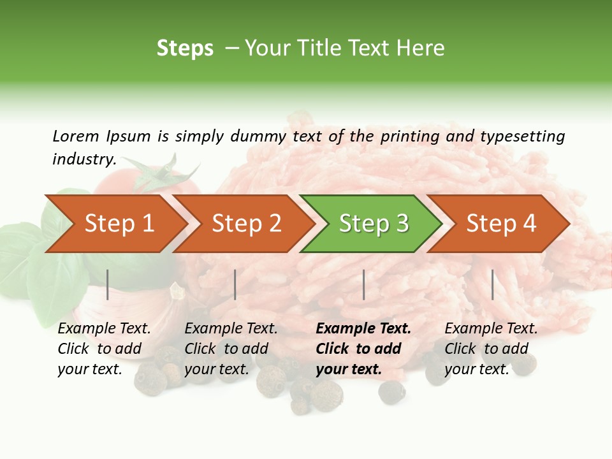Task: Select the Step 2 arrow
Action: click(x=246, y=224)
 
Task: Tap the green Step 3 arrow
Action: click(x=374, y=224)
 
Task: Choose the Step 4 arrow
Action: click(x=501, y=224)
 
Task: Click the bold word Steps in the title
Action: click(x=185, y=48)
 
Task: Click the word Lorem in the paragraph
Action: click(x=76, y=136)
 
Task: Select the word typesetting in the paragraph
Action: click(x=522, y=136)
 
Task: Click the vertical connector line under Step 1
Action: click(x=108, y=284)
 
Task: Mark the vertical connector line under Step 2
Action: click(x=235, y=284)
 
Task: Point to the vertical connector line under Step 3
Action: click(x=364, y=284)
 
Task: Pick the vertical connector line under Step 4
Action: click(x=493, y=284)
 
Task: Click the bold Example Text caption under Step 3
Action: click(x=363, y=329)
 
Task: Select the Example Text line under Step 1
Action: click(x=104, y=329)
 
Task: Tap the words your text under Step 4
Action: click(x=476, y=369)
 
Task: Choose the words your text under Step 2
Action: click(x=216, y=369)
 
